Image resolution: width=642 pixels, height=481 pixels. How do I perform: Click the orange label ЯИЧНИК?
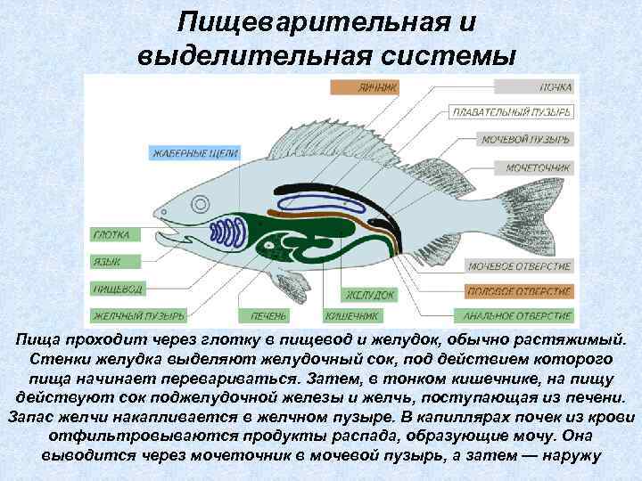[x=365, y=87]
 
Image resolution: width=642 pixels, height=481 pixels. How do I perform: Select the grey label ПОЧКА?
[x=534, y=87]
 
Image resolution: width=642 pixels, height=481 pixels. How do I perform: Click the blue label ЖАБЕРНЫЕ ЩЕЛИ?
[x=193, y=152]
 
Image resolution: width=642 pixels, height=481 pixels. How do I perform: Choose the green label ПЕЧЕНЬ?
[x=267, y=315]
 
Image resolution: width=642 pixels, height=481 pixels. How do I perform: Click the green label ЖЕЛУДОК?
[x=370, y=293]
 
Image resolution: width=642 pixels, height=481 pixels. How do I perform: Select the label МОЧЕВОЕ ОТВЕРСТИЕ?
[x=519, y=266]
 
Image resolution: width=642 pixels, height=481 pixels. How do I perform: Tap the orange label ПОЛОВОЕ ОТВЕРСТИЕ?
[x=519, y=291]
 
